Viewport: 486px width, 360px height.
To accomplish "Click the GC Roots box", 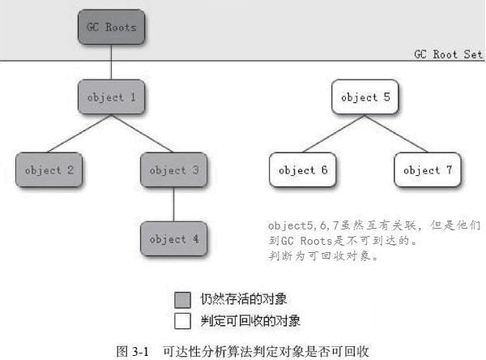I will click(x=112, y=28).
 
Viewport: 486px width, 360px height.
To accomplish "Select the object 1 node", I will click(x=112, y=97).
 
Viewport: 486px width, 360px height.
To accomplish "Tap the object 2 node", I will click(x=49, y=169).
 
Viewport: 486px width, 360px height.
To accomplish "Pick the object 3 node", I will click(x=173, y=169).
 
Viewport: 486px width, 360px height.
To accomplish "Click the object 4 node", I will click(x=173, y=238).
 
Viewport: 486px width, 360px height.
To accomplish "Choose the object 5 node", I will click(x=364, y=97).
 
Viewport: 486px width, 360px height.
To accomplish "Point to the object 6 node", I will click(x=302, y=169).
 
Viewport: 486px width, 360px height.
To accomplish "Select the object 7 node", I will click(x=427, y=169).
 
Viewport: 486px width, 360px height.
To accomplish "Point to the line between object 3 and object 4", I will click(x=173, y=204).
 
